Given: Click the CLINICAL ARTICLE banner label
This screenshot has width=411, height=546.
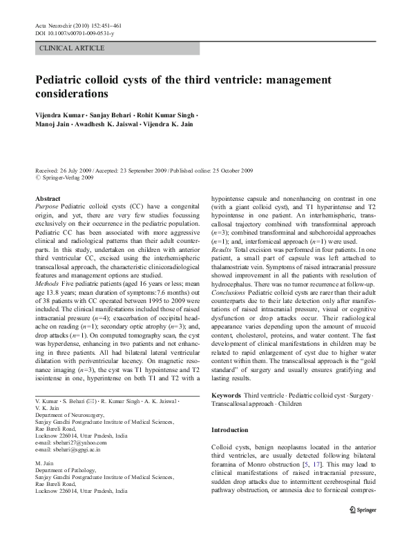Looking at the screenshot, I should pos(73,48).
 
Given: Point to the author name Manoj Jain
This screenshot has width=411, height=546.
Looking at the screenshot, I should pos(54,125).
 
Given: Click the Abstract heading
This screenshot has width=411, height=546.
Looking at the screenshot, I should pos(48,199).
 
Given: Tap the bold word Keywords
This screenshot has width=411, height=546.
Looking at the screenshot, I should pos(227,394).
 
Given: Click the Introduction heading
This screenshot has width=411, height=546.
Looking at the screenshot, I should pos(229,431).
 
